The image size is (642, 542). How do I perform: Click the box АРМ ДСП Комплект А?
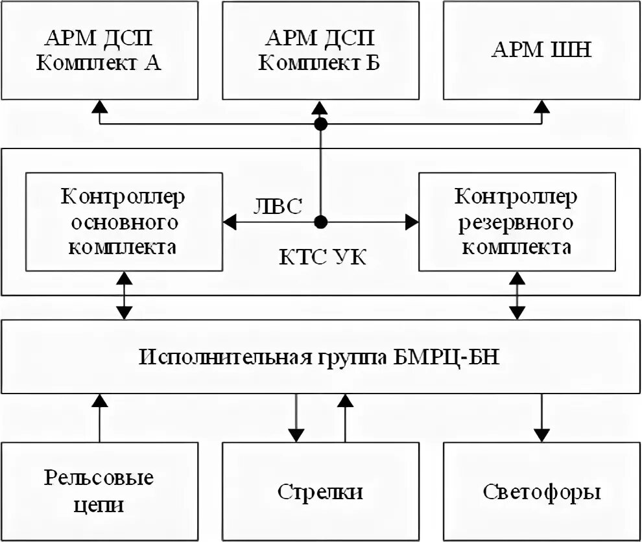tap(99, 50)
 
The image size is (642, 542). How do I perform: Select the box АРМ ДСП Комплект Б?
tap(320, 50)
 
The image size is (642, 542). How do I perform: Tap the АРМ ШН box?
tap(542, 50)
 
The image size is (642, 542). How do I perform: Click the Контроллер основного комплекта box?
tap(123, 222)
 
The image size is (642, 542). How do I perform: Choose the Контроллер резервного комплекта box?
tap(517, 222)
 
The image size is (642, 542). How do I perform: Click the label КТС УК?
tap(322, 257)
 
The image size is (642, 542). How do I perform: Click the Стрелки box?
tap(320, 491)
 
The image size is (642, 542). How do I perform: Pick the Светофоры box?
tap(542, 491)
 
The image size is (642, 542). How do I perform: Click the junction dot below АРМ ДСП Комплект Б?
tap(320, 124)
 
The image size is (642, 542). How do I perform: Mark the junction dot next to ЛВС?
tap(320, 222)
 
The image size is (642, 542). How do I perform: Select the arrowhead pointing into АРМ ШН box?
tap(542, 106)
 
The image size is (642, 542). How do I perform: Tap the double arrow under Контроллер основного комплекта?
tap(123, 295)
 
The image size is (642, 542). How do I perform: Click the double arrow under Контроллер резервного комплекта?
tap(517, 295)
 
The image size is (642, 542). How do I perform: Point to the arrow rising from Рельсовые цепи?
tap(99, 418)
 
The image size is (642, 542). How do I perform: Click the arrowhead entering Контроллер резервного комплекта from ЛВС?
tap(411, 222)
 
